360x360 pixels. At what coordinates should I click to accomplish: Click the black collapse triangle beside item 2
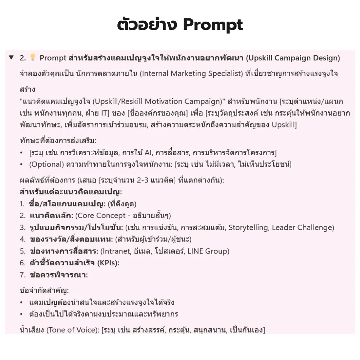coord(11,58)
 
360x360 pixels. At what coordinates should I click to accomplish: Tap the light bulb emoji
coord(33,58)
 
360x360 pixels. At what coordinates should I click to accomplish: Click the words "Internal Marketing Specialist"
coord(191,74)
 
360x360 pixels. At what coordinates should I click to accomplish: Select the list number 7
coord(22,275)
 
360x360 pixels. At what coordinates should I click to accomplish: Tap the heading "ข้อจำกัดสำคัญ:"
coord(44,291)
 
